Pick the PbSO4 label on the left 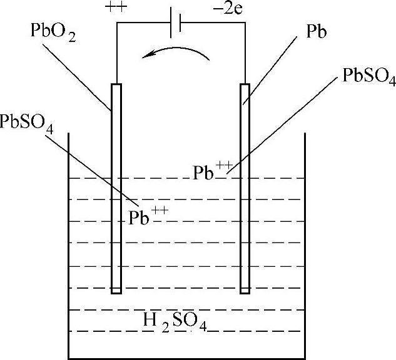27,122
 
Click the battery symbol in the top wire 177,23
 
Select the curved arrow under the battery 175,54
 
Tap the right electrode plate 245,187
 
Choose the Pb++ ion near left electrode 148,217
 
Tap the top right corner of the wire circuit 245,23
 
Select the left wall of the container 68,250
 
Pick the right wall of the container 305,250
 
